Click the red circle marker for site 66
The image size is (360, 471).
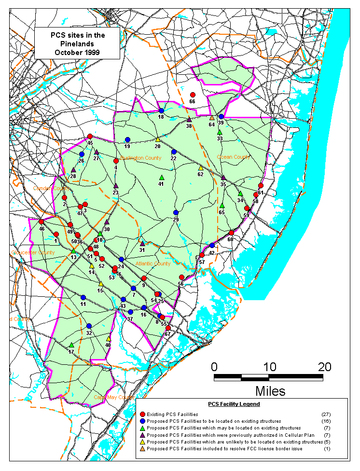[193, 95]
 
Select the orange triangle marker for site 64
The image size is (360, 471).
[212, 118]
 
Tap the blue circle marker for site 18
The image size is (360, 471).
[161, 111]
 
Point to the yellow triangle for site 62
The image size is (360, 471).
[201, 168]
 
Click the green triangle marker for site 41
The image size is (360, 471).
[162, 177]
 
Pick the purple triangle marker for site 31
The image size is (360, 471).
[142, 243]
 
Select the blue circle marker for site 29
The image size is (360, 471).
[176, 213]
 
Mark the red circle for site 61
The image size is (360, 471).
[261, 186]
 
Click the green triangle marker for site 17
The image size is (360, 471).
[71, 345]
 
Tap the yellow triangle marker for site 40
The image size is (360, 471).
[109, 338]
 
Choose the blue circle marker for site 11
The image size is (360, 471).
[83, 297]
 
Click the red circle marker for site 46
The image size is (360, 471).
[42, 222]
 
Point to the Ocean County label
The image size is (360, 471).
[233, 157]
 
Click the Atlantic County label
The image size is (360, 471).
[152, 264]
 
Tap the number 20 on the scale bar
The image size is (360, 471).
[324, 367]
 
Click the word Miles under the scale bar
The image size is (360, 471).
[270, 390]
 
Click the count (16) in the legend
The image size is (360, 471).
[326, 421]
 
